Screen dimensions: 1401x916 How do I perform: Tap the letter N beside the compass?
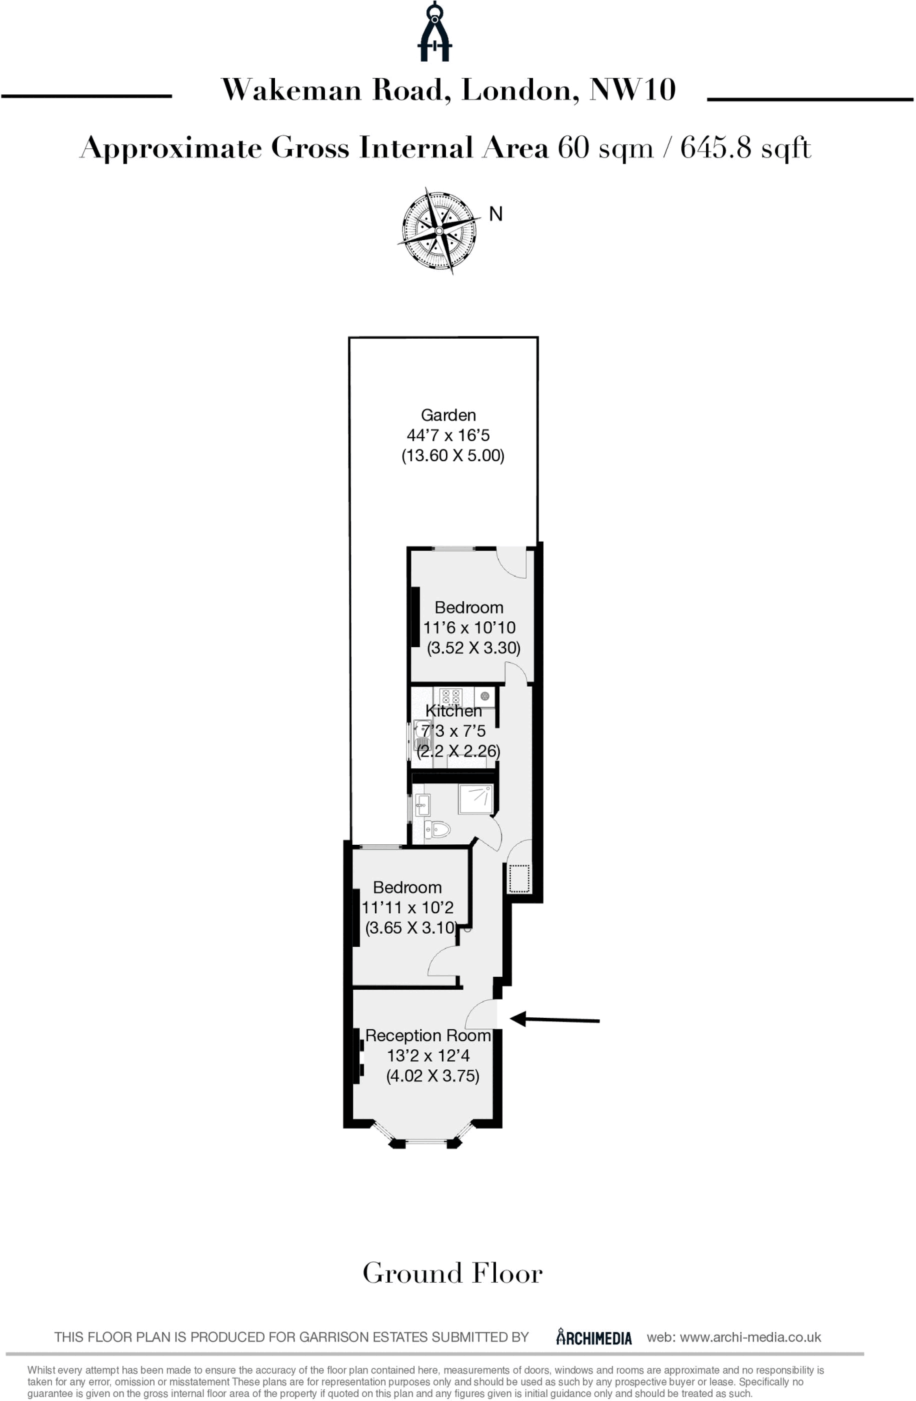pyautogui.click(x=496, y=214)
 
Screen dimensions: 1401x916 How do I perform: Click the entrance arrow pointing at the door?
pyautogui.click(x=555, y=1020)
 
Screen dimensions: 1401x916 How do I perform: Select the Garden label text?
pyautogui.click(x=448, y=415)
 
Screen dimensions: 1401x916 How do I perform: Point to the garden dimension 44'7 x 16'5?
pyautogui.click(x=448, y=435)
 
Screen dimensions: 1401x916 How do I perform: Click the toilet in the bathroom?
pyautogui.click(x=437, y=830)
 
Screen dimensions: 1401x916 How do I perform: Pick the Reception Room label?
pyautogui.click(x=428, y=1036)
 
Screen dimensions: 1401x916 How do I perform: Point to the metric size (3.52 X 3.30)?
pyautogui.click(x=473, y=648)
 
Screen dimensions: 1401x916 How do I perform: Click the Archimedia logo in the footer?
pyautogui.click(x=594, y=1337)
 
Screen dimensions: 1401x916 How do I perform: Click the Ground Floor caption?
pyautogui.click(x=452, y=1273)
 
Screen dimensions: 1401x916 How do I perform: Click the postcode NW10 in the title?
pyautogui.click(x=633, y=90)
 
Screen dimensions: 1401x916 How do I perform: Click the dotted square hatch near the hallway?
pyautogui.click(x=519, y=878)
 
